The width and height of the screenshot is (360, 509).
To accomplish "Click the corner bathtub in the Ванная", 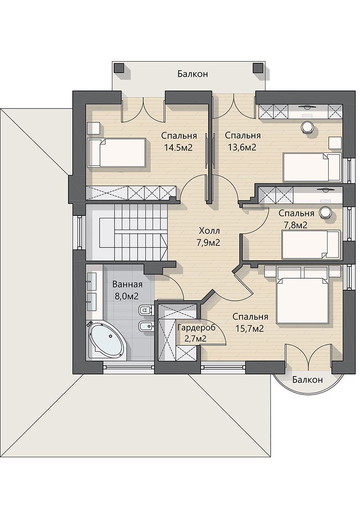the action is pyautogui.click(x=106, y=340).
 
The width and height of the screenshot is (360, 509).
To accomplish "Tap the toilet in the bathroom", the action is pyautogui.click(x=145, y=311).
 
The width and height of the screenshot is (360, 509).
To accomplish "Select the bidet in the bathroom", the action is pyautogui.click(x=145, y=326).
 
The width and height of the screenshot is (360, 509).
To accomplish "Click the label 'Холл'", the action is pyautogui.click(x=210, y=231).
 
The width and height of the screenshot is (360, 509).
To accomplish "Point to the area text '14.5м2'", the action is pyautogui.click(x=178, y=148).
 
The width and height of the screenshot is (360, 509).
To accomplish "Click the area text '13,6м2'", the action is pyautogui.click(x=242, y=148).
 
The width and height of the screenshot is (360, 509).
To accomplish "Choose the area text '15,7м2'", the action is pyautogui.click(x=250, y=329).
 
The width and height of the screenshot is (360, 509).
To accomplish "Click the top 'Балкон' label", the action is pyautogui.click(x=192, y=74).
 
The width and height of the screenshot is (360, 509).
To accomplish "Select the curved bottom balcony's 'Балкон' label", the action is pyautogui.click(x=307, y=380).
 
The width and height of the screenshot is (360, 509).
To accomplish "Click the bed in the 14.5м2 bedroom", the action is pyautogui.click(x=117, y=153).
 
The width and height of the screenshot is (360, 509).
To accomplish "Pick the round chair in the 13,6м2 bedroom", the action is pyautogui.click(x=307, y=127).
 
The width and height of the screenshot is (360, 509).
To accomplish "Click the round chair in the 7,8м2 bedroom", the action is pyautogui.click(x=325, y=212).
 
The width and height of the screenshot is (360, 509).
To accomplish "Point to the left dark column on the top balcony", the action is pyautogui.click(x=119, y=68).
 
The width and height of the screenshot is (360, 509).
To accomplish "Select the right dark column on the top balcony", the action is pyautogui.click(x=258, y=68).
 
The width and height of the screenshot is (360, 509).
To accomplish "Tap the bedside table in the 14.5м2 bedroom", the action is pyautogui.click(x=94, y=128).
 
